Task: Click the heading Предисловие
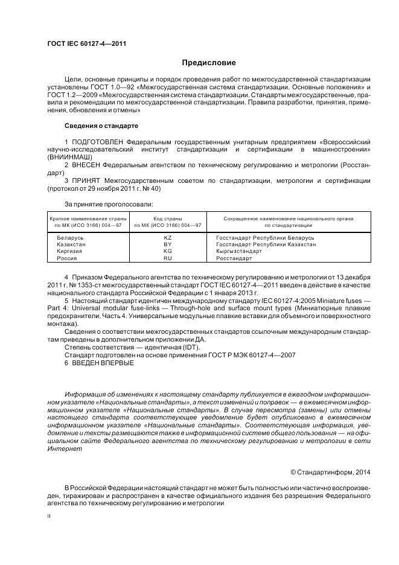pos(209,63)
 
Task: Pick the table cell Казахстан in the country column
pos(71,244)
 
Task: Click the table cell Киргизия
pos(70,251)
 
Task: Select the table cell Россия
pos(67,258)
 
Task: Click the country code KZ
pos(168,238)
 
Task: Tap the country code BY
pos(168,244)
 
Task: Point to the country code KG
pos(168,251)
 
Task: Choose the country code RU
pos(168,258)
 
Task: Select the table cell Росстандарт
pos(234,258)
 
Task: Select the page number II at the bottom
pos(49,516)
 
